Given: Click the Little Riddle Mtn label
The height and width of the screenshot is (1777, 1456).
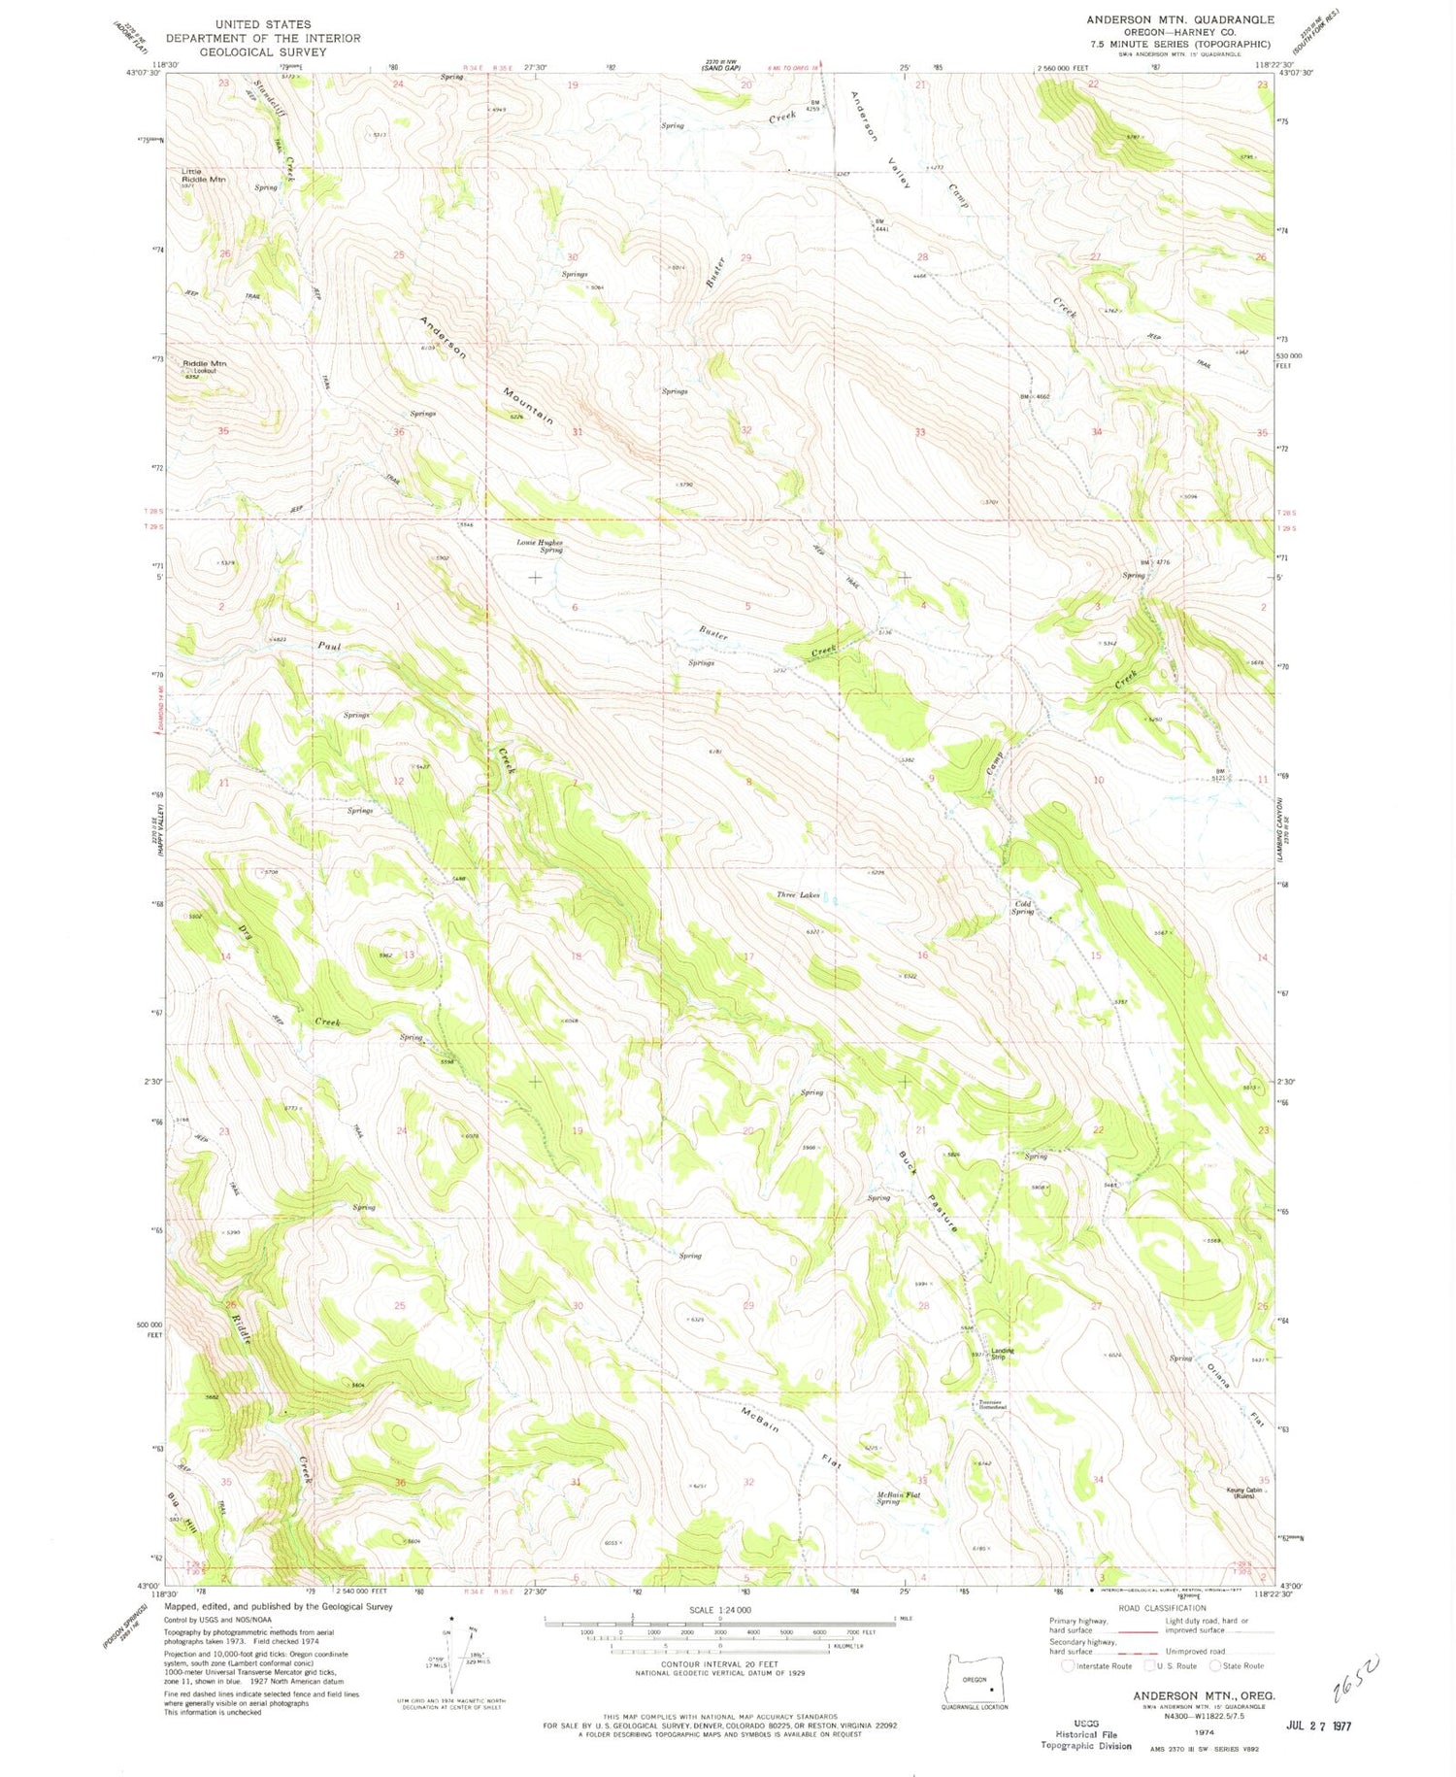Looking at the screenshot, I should coord(204,175).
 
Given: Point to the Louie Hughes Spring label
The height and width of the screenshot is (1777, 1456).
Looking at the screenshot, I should coord(540,547).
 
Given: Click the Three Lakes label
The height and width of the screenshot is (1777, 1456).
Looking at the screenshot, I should coord(798,894).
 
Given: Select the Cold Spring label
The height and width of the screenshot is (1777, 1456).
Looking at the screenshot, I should coord(1022,908).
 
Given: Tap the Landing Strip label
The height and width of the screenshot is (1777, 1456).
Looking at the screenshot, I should coord(1003,1354).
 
